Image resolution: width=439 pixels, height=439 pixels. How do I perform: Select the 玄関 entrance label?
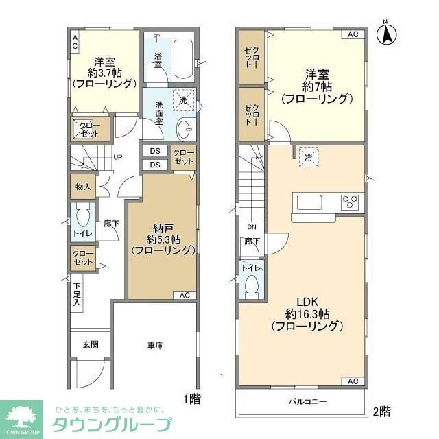[90, 344]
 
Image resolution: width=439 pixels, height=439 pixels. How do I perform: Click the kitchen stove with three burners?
[351, 202]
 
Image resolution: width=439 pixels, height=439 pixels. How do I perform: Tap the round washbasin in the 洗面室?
[185, 128]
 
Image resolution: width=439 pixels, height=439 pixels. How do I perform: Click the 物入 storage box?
[82, 187]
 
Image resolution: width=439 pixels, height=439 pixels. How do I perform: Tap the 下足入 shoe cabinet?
[77, 294]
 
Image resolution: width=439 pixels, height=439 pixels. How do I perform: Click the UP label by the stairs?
[117, 157]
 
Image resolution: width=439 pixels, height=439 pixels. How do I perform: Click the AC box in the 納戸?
[184, 296]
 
